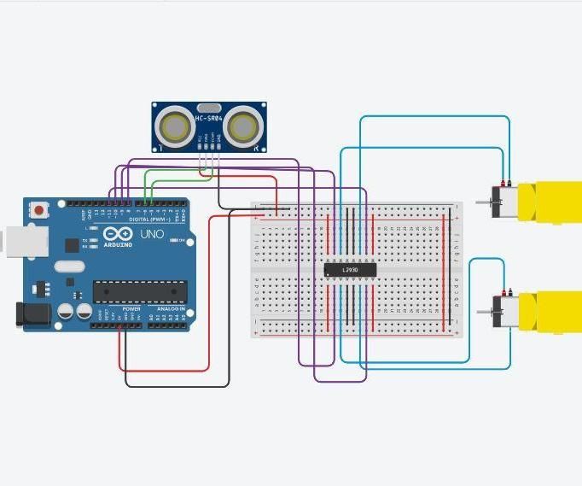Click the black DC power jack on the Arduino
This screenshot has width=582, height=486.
29,313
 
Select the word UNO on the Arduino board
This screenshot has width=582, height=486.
152,234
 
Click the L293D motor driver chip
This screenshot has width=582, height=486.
350,270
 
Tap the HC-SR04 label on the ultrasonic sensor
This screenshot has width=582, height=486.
209,119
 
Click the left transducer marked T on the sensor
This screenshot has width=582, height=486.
178,126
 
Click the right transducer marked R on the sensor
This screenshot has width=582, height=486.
242,126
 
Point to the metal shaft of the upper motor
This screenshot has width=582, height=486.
483,202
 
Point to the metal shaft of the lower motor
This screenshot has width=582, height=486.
483,313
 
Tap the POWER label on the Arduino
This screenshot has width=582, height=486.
131,309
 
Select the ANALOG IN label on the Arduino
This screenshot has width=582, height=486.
171,309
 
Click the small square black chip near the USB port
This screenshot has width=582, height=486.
72,245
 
